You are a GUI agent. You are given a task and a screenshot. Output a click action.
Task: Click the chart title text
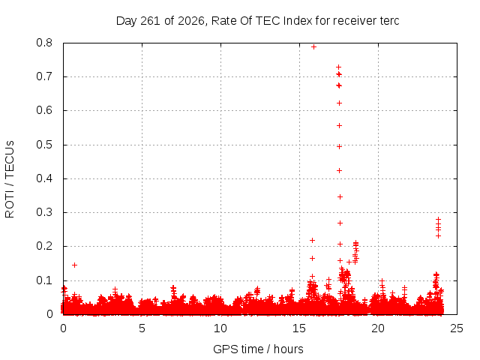[258, 21]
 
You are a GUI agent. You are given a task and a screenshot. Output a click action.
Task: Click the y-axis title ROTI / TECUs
[10, 179]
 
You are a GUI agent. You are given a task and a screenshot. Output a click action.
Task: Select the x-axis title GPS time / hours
[258, 349]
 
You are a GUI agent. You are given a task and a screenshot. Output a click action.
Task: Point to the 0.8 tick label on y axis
[44, 43]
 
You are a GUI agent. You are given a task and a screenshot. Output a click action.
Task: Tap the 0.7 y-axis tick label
[44, 76]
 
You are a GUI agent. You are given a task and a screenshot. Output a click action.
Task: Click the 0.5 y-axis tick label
[44, 145]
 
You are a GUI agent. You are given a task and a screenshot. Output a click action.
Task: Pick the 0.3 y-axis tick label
[44, 212]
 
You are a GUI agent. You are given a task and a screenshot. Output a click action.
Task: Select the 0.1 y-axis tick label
[44, 280]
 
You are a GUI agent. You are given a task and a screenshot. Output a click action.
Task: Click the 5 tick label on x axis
[142, 328]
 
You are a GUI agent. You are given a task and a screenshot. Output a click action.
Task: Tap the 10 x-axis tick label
[220, 328]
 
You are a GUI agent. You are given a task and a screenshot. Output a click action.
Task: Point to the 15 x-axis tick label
[299, 328]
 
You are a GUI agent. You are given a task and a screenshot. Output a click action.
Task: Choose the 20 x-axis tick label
[378, 328]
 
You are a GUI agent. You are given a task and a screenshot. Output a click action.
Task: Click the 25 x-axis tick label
[457, 328]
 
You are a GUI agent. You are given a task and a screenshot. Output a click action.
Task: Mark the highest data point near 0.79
[313, 46]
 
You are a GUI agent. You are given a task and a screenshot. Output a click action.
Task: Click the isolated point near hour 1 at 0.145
[74, 265]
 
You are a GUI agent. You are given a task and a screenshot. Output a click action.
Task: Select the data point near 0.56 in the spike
[339, 126]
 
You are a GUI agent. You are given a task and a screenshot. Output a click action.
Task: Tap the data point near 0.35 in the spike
[340, 196]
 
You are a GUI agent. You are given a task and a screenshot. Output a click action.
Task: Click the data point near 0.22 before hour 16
[312, 240]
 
